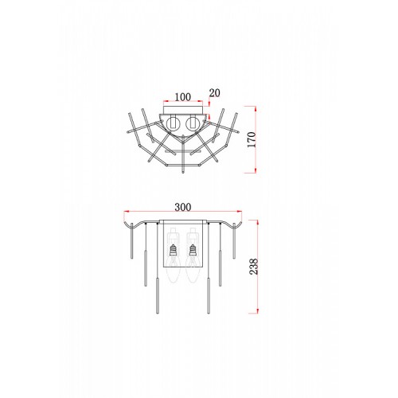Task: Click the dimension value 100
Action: (183, 97)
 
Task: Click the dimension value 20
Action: (215, 93)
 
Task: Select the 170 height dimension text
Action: (251, 139)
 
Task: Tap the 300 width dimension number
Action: (183, 207)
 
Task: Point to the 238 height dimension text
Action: (254, 267)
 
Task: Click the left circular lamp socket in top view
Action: (173, 123)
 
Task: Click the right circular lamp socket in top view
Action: (193, 123)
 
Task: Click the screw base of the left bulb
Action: (173, 250)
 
